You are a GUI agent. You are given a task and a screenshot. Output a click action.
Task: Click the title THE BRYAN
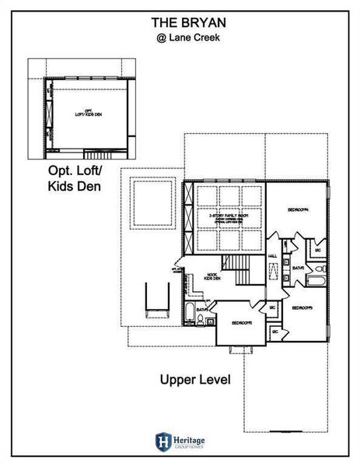point(180,22)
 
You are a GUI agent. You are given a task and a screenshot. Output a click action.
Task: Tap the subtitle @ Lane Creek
point(180,35)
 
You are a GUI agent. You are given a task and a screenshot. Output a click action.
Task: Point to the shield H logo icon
point(163,440)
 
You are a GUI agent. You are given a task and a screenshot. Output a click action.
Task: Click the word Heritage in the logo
point(189,437)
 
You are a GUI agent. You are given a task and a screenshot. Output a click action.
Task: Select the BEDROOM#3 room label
point(302,308)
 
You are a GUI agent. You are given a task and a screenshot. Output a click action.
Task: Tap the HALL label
point(273,255)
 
